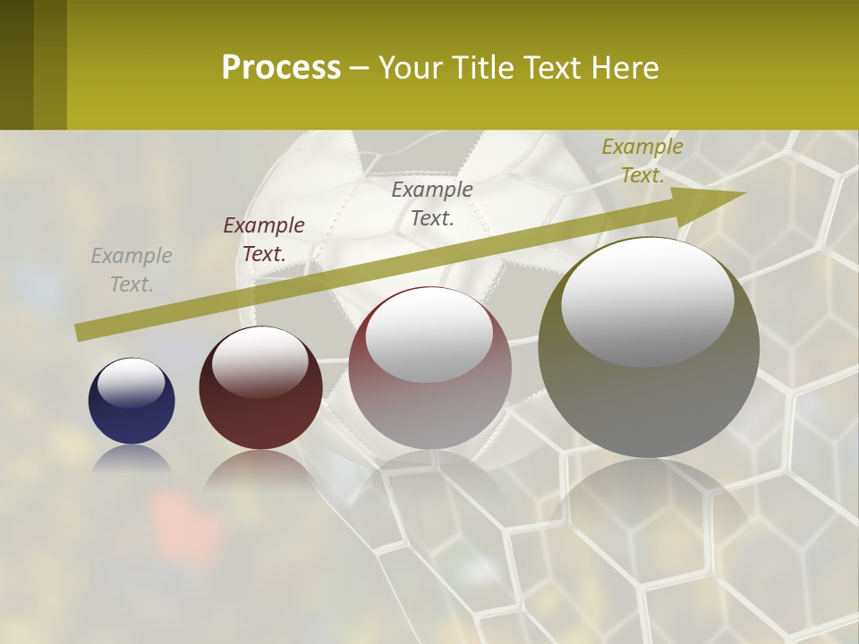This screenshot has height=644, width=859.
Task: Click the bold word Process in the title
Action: tap(281, 68)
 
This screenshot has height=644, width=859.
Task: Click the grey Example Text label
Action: tap(132, 270)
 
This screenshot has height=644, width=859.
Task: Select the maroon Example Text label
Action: tap(264, 240)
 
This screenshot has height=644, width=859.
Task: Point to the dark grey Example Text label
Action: tap(432, 203)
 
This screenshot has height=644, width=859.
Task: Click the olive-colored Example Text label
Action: tap(642, 161)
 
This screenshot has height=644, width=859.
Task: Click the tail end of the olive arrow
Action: tap(82, 332)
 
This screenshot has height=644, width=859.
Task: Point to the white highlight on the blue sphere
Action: tap(132, 383)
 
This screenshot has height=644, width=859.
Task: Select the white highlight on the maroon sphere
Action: tap(260, 360)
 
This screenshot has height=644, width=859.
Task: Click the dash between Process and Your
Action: tap(359, 69)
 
